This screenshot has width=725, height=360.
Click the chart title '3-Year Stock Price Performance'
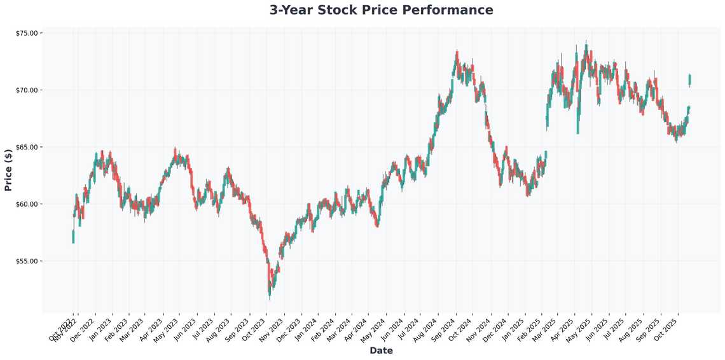(x=381, y=10)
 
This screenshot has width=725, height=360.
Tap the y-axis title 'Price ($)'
(x=8, y=170)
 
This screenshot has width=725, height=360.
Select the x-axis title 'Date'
(x=381, y=350)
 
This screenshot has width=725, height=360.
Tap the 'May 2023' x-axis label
(x=167, y=329)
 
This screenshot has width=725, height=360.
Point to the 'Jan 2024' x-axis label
(x=305, y=329)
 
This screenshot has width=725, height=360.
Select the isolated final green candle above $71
(x=690, y=80)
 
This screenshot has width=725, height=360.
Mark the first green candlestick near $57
(x=73, y=237)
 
